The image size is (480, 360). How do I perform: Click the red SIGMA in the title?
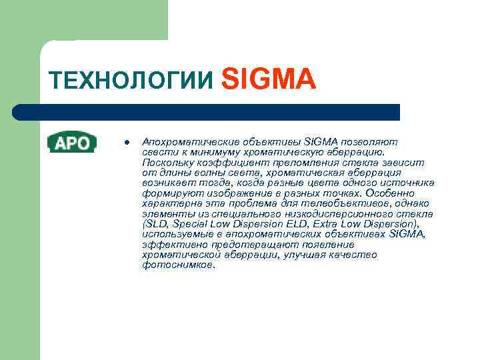click(x=267, y=78)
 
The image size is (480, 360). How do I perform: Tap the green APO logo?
click(x=72, y=142)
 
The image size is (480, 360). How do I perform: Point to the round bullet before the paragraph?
click(x=125, y=142)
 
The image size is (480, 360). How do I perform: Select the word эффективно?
click(x=169, y=245)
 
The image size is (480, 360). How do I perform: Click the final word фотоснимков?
click(x=179, y=265)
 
